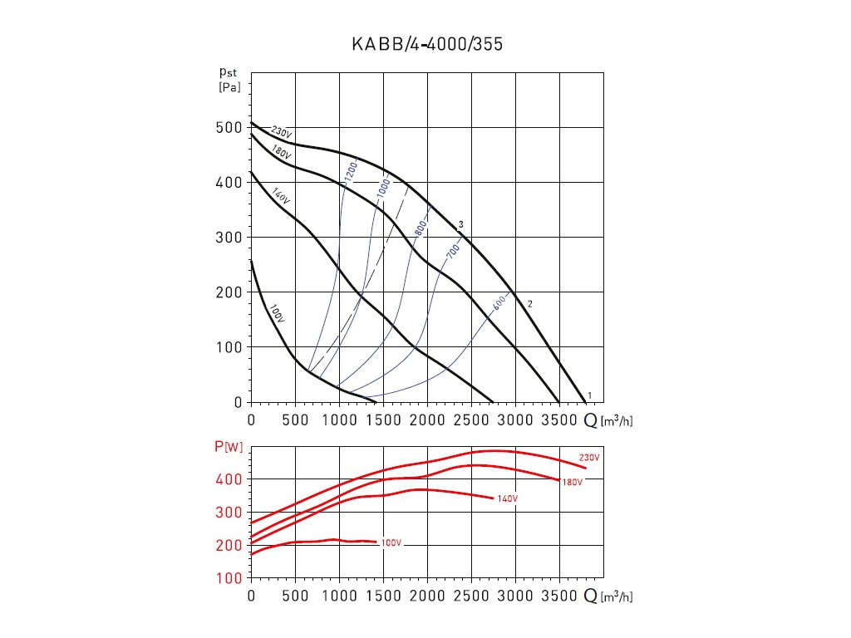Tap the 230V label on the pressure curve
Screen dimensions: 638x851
pyautogui.click(x=282, y=132)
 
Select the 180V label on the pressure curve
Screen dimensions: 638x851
pyautogui.click(x=282, y=155)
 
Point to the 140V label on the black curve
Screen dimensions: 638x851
pyautogui.click(x=279, y=197)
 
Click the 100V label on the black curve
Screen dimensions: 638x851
pyautogui.click(x=278, y=314)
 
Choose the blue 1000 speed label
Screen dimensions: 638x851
pyautogui.click(x=383, y=188)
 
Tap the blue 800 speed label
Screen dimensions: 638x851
pyautogui.click(x=421, y=227)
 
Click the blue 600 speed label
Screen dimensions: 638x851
pyautogui.click(x=499, y=304)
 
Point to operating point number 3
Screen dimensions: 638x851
pyautogui.click(x=460, y=224)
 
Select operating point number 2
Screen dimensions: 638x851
pyautogui.click(x=529, y=304)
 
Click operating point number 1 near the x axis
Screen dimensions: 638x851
pyautogui.click(x=589, y=395)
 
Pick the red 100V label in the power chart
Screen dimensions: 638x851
pyautogui.click(x=391, y=542)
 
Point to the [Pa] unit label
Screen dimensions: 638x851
pyautogui.click(x=229, y=87)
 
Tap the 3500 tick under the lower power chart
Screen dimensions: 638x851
pyautogui.click(x=559, y=596)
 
